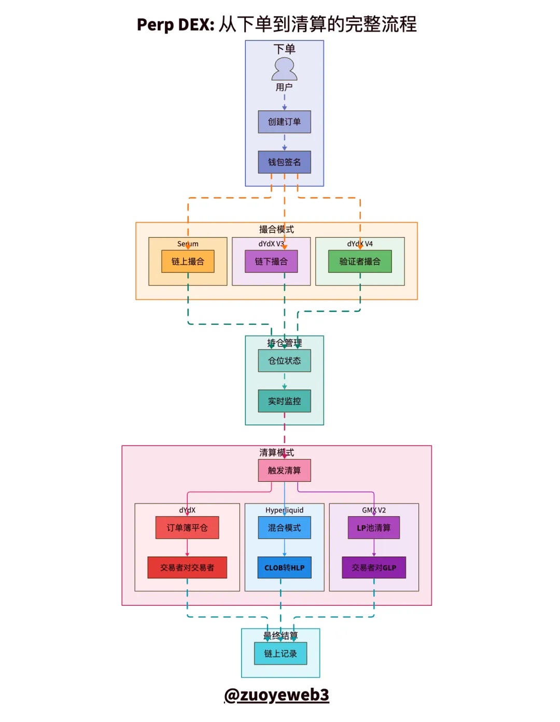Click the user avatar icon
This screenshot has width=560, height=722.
[x=284, y=68]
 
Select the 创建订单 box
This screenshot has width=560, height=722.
[x=284, y=122]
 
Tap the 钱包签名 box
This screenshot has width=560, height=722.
[x=284, y=162]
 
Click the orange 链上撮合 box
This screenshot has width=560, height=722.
[x=188, y=261]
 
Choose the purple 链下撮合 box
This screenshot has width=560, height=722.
[x=271, y=261]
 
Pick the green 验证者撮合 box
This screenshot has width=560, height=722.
[x=360, y=261]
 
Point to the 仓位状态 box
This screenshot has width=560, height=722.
[x=284, y=360]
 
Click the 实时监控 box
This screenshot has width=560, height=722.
[x=284, y=401]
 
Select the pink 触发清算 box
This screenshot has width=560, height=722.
[x=284, y=470]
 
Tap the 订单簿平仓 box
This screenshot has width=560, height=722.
[x=187, y=527]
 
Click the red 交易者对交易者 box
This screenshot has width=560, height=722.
[x=187, y=567]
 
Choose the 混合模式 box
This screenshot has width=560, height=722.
[x=284, y=527]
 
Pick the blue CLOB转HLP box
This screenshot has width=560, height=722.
[x=284, y=567]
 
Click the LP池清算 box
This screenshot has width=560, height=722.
[x=374, y=527]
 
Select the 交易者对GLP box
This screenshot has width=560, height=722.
[x=374, y=567]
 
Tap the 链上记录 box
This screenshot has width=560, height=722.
[x=281, y=654]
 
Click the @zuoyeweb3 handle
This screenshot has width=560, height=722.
[x=276, y=695]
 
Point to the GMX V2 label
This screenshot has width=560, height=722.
[x=374, y=510]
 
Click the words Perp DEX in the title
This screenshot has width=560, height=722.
[x=175, y=24]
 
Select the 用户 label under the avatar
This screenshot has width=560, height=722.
[x=284, y=87]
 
